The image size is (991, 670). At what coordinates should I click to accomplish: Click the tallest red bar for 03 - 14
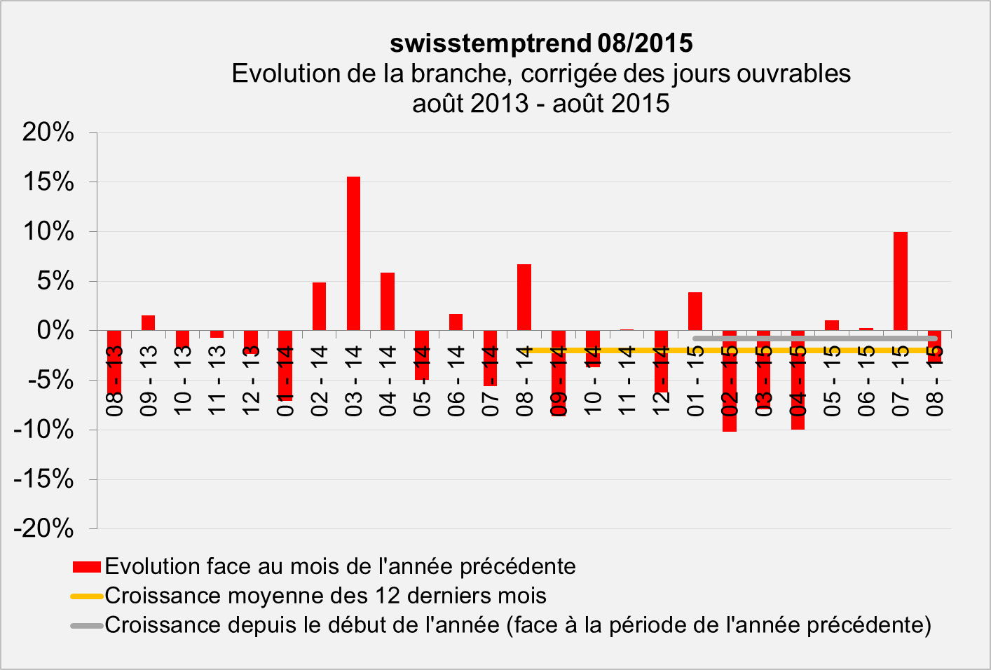click(x=354, y=253)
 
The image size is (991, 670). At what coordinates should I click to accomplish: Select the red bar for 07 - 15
click(x=900, y=281)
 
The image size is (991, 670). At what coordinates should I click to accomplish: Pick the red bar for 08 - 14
click(x=524, y=297)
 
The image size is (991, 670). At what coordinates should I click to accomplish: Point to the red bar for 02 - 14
click(x=320, y=306)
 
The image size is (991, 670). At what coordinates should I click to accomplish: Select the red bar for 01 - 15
click(x=695, y=311)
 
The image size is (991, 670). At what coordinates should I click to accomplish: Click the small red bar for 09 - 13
click(x=149, y=323)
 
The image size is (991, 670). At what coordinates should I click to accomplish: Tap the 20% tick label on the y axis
click(x=48, y=132)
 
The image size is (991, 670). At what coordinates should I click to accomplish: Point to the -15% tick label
click(x=43, y=479)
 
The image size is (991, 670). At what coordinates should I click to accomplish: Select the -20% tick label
click(x=43, y=528)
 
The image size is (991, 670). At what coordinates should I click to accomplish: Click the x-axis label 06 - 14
click(x=456, y=381)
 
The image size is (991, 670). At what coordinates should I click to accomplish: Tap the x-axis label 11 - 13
click(x=217, y=381)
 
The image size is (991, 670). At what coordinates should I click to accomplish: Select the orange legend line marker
click(x=87, y=596)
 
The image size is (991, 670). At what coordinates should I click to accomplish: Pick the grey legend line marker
click(x=87, y=625)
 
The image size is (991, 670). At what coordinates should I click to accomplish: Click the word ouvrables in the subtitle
click(x=796, y=74)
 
